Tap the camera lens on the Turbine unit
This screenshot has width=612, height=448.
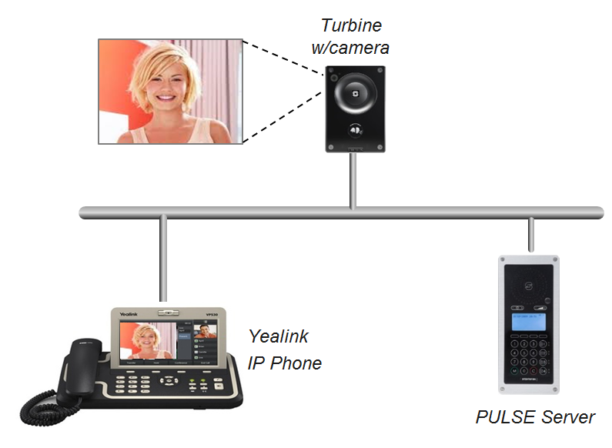[x=354, y=90]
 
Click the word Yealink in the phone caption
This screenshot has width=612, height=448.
[x=278, y=336]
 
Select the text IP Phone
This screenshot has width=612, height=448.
[x=284, y=362]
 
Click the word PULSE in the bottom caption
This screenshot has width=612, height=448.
[x=501, y=417]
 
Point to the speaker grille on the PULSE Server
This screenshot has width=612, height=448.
[x=529, y=286]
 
